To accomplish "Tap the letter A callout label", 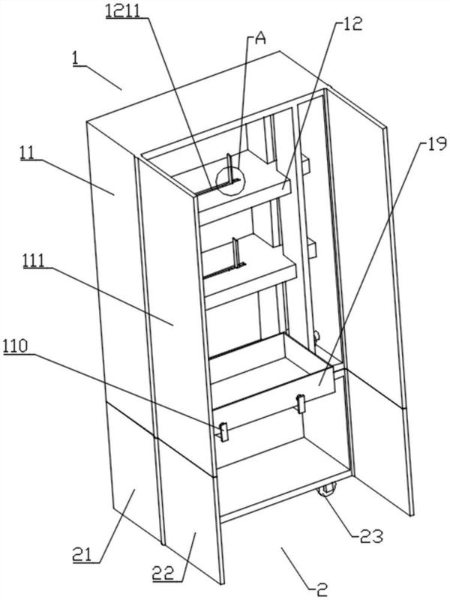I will pos(260,40).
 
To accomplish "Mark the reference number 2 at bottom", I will pos(321,588).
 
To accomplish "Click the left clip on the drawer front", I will pos(223,431).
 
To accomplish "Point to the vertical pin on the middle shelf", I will pos(235,253).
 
